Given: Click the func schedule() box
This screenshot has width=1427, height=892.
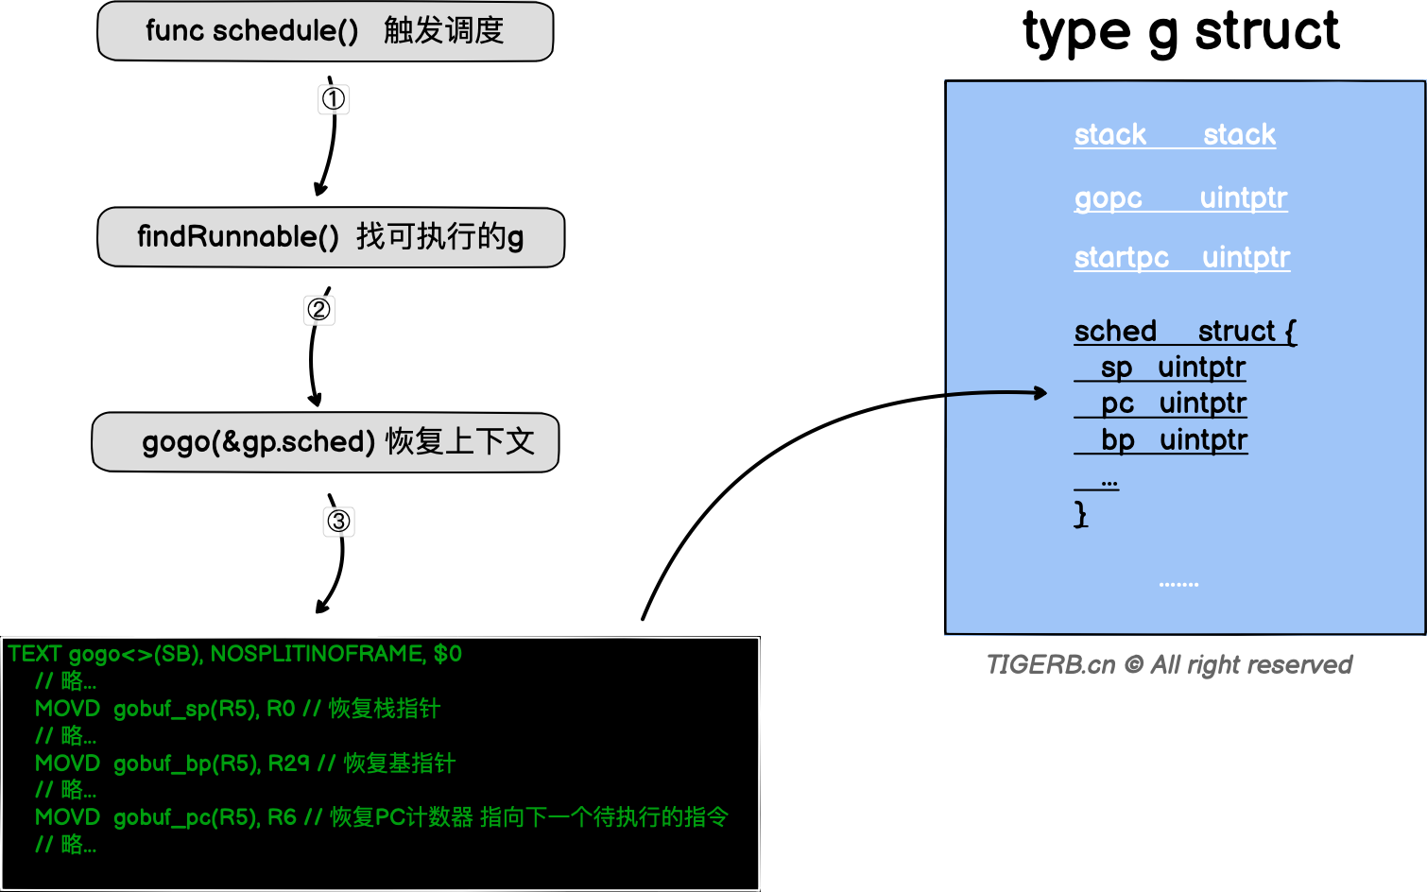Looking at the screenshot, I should (x=325, y=32).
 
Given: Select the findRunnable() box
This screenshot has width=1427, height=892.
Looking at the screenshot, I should (x=331, y=237).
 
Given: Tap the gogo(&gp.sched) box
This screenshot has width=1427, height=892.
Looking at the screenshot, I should (x=325, y=442).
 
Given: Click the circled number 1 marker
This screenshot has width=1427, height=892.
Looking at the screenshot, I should (x=334, y=99).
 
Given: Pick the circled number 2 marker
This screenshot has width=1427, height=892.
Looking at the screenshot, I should (x=319, y=310).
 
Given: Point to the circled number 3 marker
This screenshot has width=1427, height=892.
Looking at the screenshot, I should (x=338, y=521).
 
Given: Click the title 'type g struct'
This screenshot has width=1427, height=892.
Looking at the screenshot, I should (x=1180, y=32).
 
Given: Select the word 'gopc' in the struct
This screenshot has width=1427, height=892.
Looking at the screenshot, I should (x=1109, y=198).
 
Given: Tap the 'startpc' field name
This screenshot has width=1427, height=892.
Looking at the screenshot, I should (x=1122, y=258).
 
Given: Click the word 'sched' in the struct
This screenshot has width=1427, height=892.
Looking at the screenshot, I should (x=1115, y=332).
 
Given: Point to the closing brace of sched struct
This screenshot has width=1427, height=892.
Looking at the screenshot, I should (x=1081, y=514).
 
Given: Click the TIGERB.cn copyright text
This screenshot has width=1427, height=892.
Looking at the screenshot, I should (x=1169, y=665).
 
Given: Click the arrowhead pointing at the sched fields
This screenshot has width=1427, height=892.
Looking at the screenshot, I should (x=1040, y=393).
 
